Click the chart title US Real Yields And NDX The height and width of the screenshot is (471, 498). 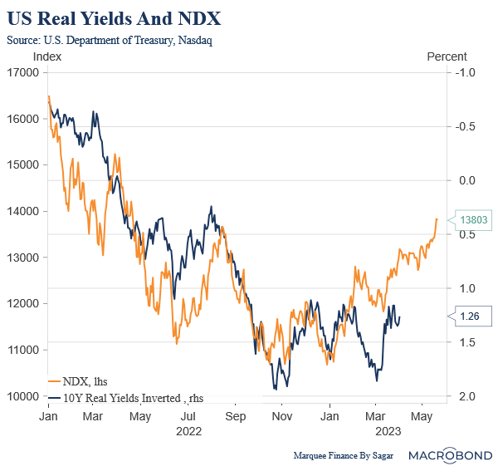[x=114, y=18]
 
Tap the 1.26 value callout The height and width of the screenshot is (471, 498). [x=470, y=316]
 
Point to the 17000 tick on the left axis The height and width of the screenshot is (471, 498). [x=25, y=72]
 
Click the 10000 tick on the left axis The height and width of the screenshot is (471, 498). [x=25, y=396]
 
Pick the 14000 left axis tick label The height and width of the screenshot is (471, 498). [x=25, y=211]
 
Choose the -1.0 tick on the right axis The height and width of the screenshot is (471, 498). [x=463, y=72]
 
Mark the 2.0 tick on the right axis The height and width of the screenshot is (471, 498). [x=463, y=396]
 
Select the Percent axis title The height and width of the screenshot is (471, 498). [x=447, y=56]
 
